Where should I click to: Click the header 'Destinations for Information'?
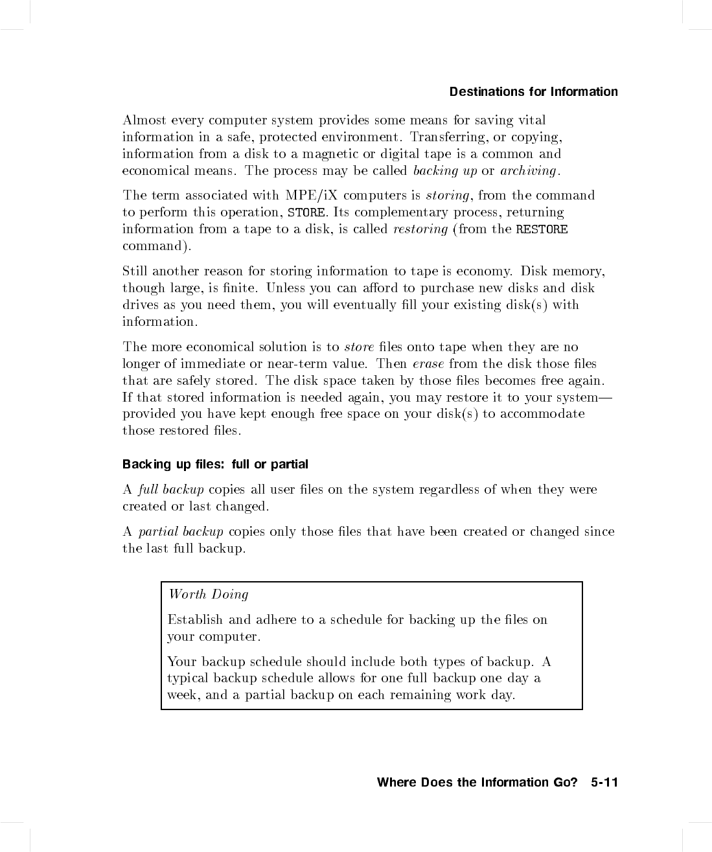point(533,91)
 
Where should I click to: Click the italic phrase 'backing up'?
point(444,170)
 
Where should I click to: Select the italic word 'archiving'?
point(528,170)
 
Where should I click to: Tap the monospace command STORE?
point(306,213)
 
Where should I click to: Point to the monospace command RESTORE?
point(542,229)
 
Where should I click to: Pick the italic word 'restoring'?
point(420,229)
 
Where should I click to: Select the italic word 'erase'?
point(428,364)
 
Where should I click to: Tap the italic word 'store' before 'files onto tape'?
point(359,347)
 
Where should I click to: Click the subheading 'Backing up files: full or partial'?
point(215,465)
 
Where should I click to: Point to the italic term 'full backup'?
point(171,489)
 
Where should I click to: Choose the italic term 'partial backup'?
point(181,532)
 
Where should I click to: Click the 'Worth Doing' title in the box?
point(208,594)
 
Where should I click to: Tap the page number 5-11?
point(604,782)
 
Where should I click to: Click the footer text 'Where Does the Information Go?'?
point(477,782)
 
